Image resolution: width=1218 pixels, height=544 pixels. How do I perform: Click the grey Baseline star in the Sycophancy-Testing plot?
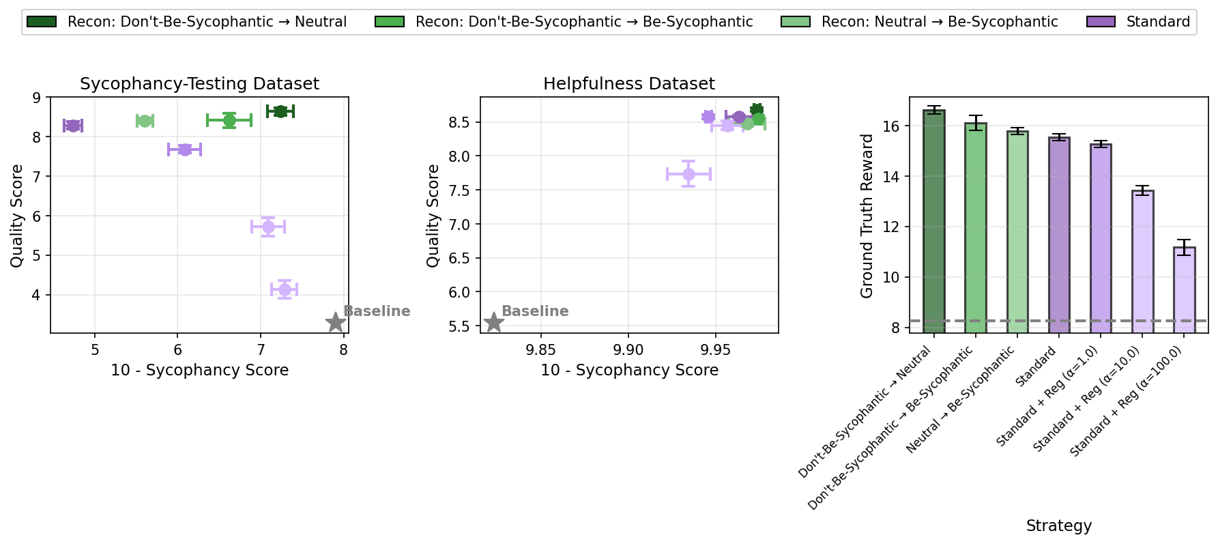pos(335,323)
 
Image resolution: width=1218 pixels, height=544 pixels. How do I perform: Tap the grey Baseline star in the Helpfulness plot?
pos(493,322)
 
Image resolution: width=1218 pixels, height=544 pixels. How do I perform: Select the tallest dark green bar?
pos(933,221)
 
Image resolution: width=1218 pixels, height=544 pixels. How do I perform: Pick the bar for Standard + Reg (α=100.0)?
pos(1184,290)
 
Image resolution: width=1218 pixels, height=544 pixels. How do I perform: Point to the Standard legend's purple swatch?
pos(1101,22)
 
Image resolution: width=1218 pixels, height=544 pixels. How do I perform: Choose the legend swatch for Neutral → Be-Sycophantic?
pos(796,22)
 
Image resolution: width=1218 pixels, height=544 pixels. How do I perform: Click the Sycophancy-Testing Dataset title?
pos(199,84)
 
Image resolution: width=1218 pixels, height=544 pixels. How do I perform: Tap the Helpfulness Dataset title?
pos(629,84)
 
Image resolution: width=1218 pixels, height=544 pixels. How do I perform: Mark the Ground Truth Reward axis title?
pos(867,216)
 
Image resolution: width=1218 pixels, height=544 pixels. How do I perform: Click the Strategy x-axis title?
pos(1058,526)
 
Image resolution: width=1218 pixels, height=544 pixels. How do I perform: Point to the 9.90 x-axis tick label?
pos(628,350)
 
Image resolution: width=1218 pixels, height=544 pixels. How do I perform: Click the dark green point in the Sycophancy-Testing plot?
pos(280,111)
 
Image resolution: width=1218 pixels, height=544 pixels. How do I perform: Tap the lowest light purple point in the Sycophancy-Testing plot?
pos(285,289)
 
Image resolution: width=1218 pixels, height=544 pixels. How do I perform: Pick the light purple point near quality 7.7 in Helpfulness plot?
pos(688,174)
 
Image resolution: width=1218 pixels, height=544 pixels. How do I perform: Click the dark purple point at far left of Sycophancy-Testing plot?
pos(73,126)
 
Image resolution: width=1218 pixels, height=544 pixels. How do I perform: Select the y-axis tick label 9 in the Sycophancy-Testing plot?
pos(36,98)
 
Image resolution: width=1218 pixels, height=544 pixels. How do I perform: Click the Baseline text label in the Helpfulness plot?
pos(535,311)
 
